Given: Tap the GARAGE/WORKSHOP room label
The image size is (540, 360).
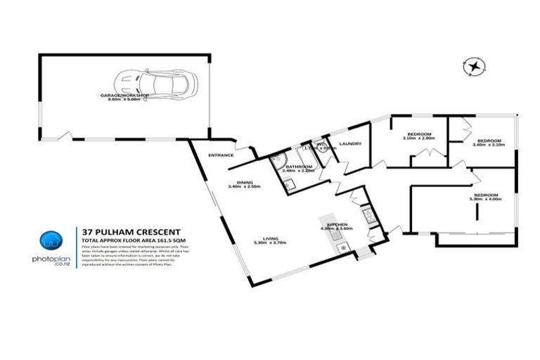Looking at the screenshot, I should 124,95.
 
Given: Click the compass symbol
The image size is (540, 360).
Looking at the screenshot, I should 475,67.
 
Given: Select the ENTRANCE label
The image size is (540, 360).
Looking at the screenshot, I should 221,155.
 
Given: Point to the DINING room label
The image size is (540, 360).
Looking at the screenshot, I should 245,183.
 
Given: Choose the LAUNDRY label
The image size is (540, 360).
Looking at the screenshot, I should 349,144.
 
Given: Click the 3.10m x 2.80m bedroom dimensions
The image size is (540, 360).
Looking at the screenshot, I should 419,139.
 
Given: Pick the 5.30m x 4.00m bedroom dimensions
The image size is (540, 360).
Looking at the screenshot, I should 485,200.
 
